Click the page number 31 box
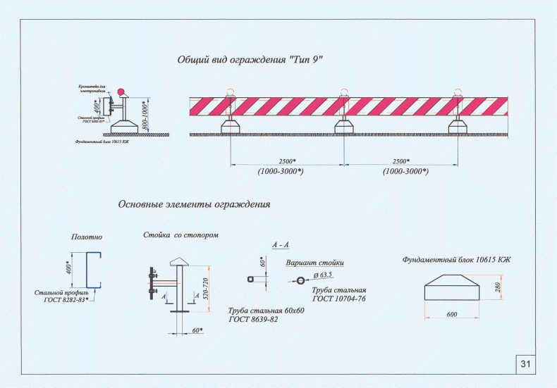[x=525, y=363]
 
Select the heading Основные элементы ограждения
[x=195, y=205]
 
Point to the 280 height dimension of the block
[x=498, y=288]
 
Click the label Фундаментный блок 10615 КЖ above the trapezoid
[x=456, y=260]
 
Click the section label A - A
[x=281, y=244]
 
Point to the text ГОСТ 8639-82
[x=254, y=319]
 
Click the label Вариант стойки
[x=314, y=263]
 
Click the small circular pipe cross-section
[x=300, y=280]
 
